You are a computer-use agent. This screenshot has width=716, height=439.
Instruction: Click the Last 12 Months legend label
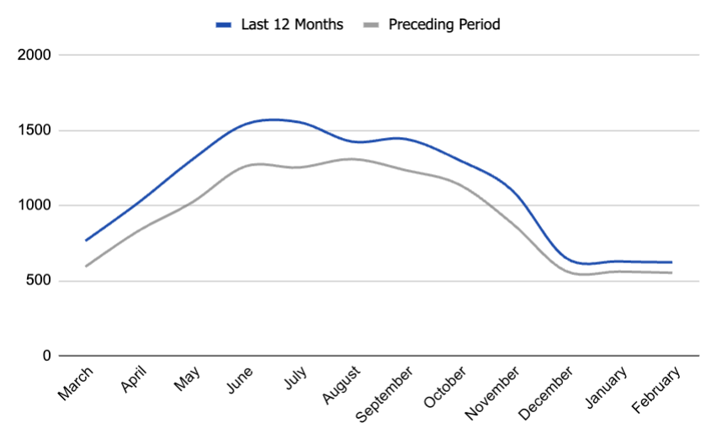click(290, 24)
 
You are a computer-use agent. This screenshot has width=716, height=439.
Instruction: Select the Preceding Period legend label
click(443, 24)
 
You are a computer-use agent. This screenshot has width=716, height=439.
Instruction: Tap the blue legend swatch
click(223, 25)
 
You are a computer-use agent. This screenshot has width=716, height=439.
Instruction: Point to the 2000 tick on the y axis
click(34, 56)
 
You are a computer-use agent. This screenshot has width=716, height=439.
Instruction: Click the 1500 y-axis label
click(34, 130)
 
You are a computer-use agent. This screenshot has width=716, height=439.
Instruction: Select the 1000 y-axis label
click(34, 205)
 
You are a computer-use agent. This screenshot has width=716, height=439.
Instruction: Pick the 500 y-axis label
click(38, 281)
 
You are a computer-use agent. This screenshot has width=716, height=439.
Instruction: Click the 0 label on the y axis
click(47, 356)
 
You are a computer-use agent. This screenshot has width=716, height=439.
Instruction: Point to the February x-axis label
click(655, 388)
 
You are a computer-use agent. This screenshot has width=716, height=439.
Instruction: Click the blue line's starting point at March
click(86, 241)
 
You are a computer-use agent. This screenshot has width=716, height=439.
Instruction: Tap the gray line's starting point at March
click(86, 267)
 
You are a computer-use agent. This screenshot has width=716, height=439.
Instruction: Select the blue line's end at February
click(671, 262)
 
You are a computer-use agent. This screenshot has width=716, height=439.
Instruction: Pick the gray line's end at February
click(671, 272)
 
